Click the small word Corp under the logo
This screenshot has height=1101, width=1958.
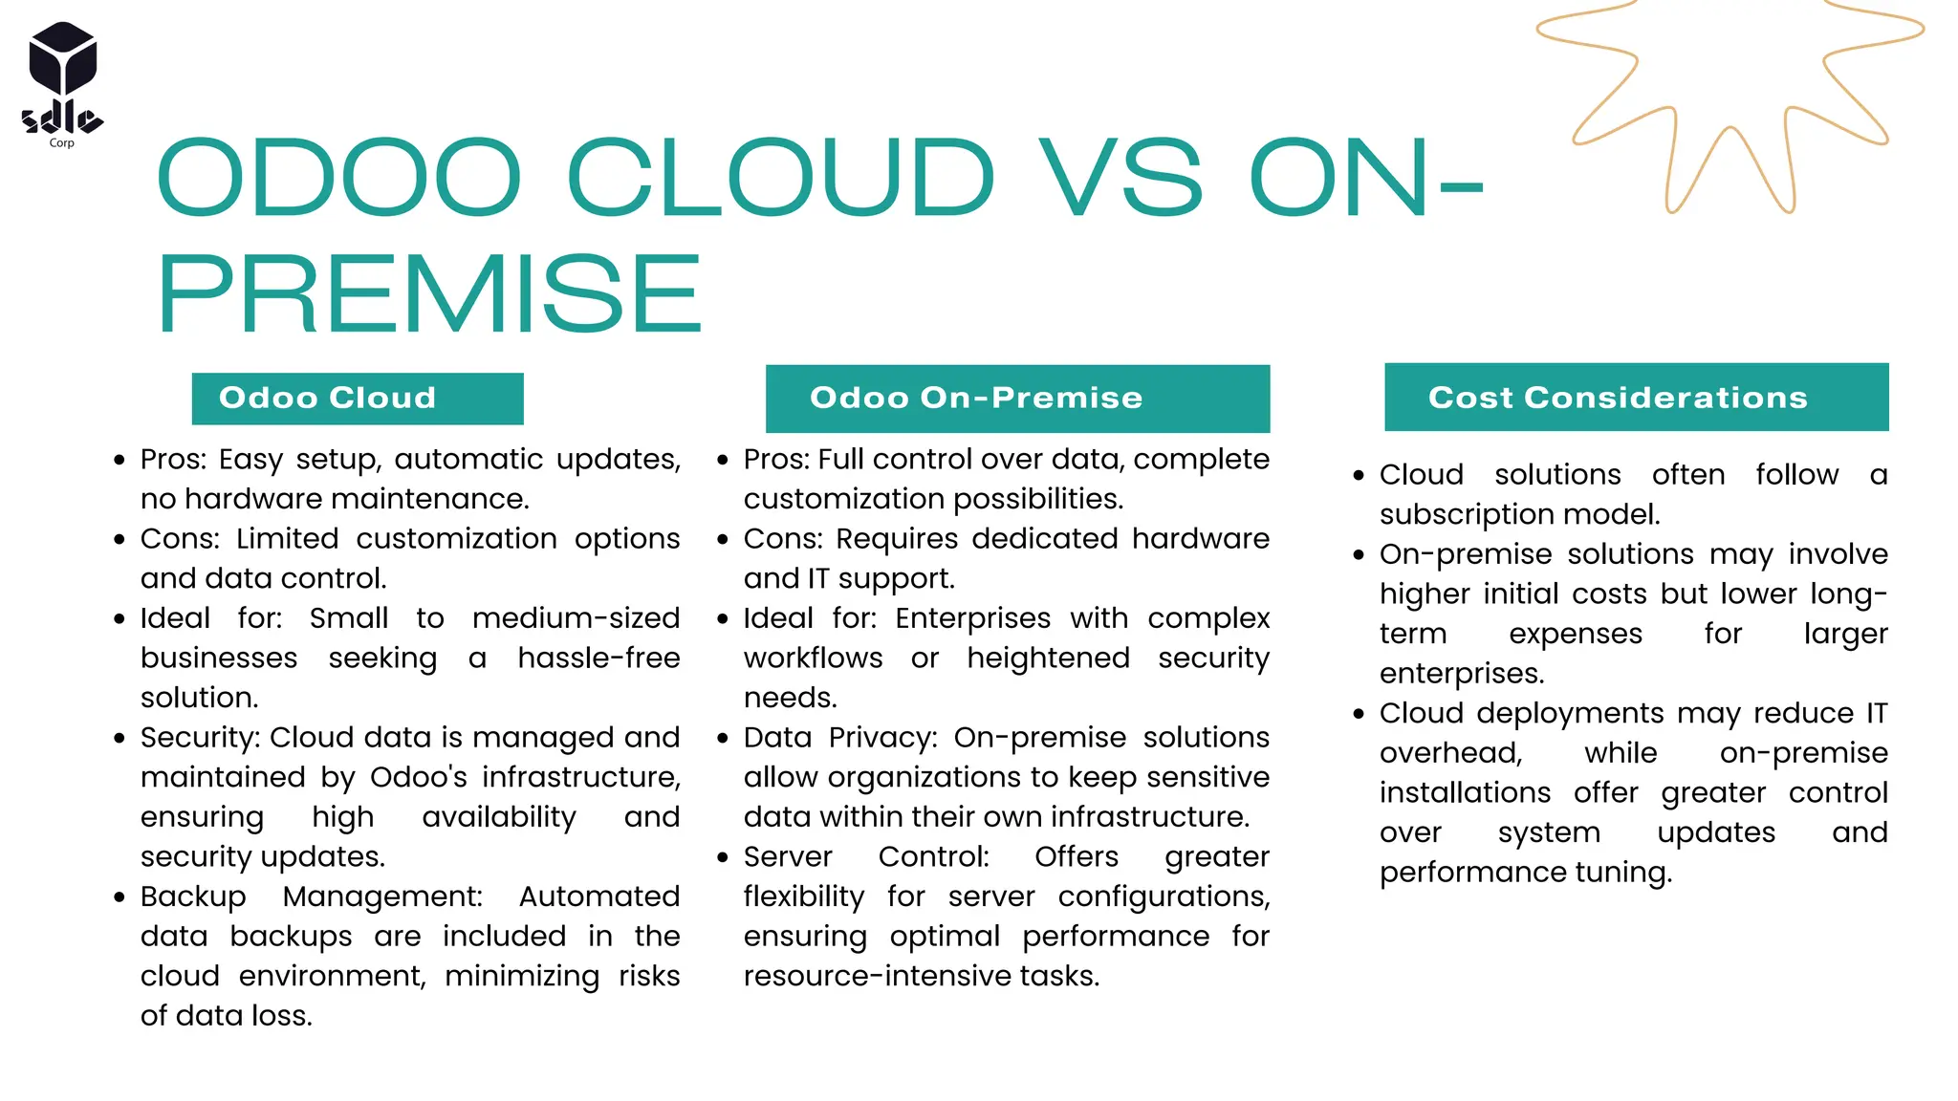click(x=61, y=143)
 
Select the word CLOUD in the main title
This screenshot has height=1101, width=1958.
click(x=780, y=179)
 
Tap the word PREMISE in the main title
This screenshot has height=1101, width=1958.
click(x=430, y=294)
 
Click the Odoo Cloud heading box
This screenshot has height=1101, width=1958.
click(x=357, y=399)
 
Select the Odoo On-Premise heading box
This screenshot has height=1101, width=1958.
click(x=1017, y=399)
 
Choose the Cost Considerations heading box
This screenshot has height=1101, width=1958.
click(x=1636, y=398)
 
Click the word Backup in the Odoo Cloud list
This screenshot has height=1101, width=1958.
click(x=193, y=896)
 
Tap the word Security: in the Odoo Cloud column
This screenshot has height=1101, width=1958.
click(x=200, y=738)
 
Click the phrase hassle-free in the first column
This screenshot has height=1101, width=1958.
click(x=598, y=658)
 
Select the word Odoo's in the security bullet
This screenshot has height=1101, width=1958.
click(x=418, y=778)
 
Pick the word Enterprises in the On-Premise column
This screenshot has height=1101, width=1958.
click(x=972, y=618)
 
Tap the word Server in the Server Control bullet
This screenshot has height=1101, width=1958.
click(x=788, y=857)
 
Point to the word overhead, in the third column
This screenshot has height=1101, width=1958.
click(x=1450, y=754)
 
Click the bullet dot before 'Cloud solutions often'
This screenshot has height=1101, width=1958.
click(x=1359, y=476)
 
